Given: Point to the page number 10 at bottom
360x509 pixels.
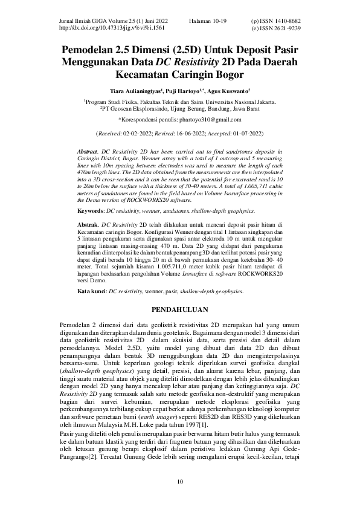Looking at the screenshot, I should [179, 481].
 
